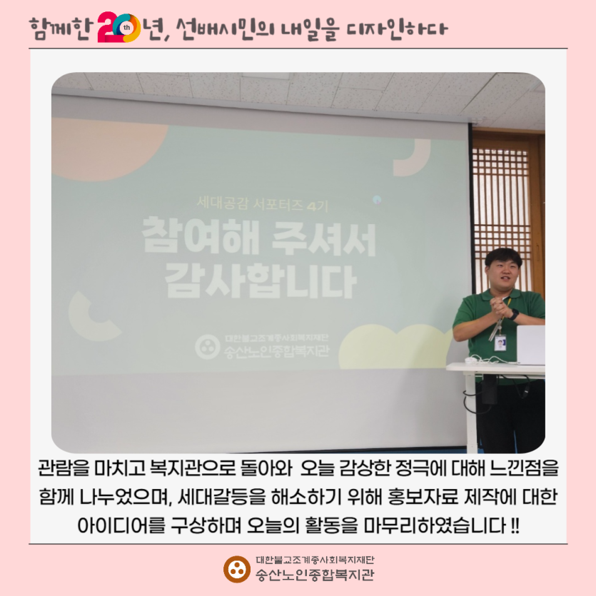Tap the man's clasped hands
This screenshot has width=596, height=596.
pyautogui.click(x=497, y=309)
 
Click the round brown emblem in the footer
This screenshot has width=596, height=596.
pyautogui.click(x=235, y=568)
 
